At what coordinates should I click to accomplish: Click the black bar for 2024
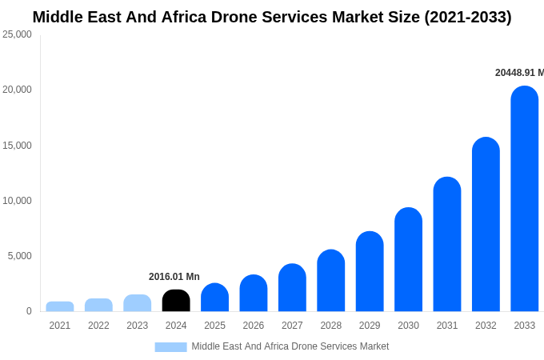(x=176, y=301)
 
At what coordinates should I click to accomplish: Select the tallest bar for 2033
(x=524, y=199)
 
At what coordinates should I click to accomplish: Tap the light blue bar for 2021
(x=60, y=306)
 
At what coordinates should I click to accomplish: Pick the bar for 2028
(x=330, y=281)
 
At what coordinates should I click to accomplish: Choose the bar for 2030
(x=408, y=260)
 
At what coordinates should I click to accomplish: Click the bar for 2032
(x=486, y=225)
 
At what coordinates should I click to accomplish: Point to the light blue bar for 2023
(x=138, y=303)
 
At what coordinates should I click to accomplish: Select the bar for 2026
(x=254, y=294)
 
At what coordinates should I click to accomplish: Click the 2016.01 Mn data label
(x=174, y=277)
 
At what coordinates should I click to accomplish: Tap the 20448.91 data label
(x=518, y=73)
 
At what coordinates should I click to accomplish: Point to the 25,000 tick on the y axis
(x=17, y=34)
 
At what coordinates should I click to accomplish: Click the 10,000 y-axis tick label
(x=17, y=201)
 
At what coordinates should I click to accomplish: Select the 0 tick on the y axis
(x=29, y=311)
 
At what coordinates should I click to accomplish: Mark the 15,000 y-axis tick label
(x=17, y=146)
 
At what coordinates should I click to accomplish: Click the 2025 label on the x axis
(x=214, y=326)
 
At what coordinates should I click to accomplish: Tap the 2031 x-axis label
(x=447, y=326)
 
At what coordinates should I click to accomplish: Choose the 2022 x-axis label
(x=98, y=326)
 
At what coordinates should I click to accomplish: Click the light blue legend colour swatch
(x=170, y=347)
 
